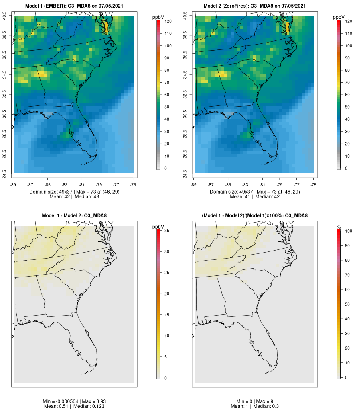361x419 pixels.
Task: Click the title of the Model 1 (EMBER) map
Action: tap(74, 6)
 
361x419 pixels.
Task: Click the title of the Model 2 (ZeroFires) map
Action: tap(255, 6)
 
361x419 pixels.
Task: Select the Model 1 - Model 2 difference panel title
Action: tap(74, 216)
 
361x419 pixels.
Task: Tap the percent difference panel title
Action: tap(255, 216)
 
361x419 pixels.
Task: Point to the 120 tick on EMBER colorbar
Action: tap(168, 21)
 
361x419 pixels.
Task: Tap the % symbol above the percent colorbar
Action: tap(339, 227)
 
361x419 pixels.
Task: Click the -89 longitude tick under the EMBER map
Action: tap(14, 184)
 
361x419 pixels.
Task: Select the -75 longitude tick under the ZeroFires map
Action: tap(314, 184)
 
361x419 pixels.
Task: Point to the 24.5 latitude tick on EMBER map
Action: tap(5, 173)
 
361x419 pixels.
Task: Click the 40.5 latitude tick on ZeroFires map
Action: tap(185, 16)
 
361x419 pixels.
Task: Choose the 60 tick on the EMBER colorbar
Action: tap(166, 95)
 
